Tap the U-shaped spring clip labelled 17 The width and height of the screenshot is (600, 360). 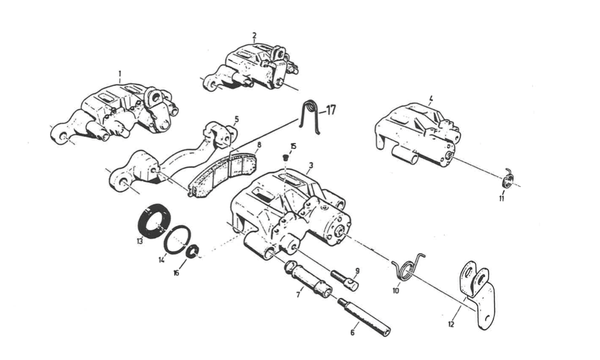(310, 117)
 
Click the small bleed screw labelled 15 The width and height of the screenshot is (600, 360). (285, 158)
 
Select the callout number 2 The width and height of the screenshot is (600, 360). (254, 35)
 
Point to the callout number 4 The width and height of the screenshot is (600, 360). (431, 98)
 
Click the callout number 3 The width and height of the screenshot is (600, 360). (311, 165)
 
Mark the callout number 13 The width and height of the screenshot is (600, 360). (139, 241)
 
